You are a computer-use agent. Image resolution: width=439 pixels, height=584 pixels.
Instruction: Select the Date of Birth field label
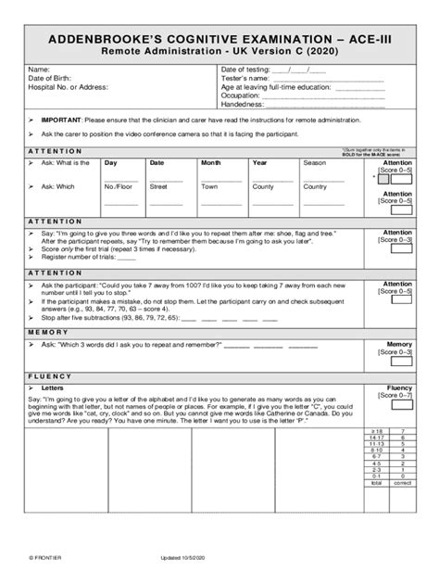(52, 78)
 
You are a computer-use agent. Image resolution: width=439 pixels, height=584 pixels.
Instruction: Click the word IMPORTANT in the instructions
(61, 121)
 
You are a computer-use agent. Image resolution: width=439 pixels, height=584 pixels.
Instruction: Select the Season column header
(315, 162)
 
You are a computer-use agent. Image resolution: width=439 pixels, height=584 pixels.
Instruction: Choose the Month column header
(211, 162)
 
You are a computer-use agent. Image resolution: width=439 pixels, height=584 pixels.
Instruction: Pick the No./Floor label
(116, 186)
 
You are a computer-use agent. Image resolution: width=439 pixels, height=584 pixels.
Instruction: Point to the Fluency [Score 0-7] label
(399, 393)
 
